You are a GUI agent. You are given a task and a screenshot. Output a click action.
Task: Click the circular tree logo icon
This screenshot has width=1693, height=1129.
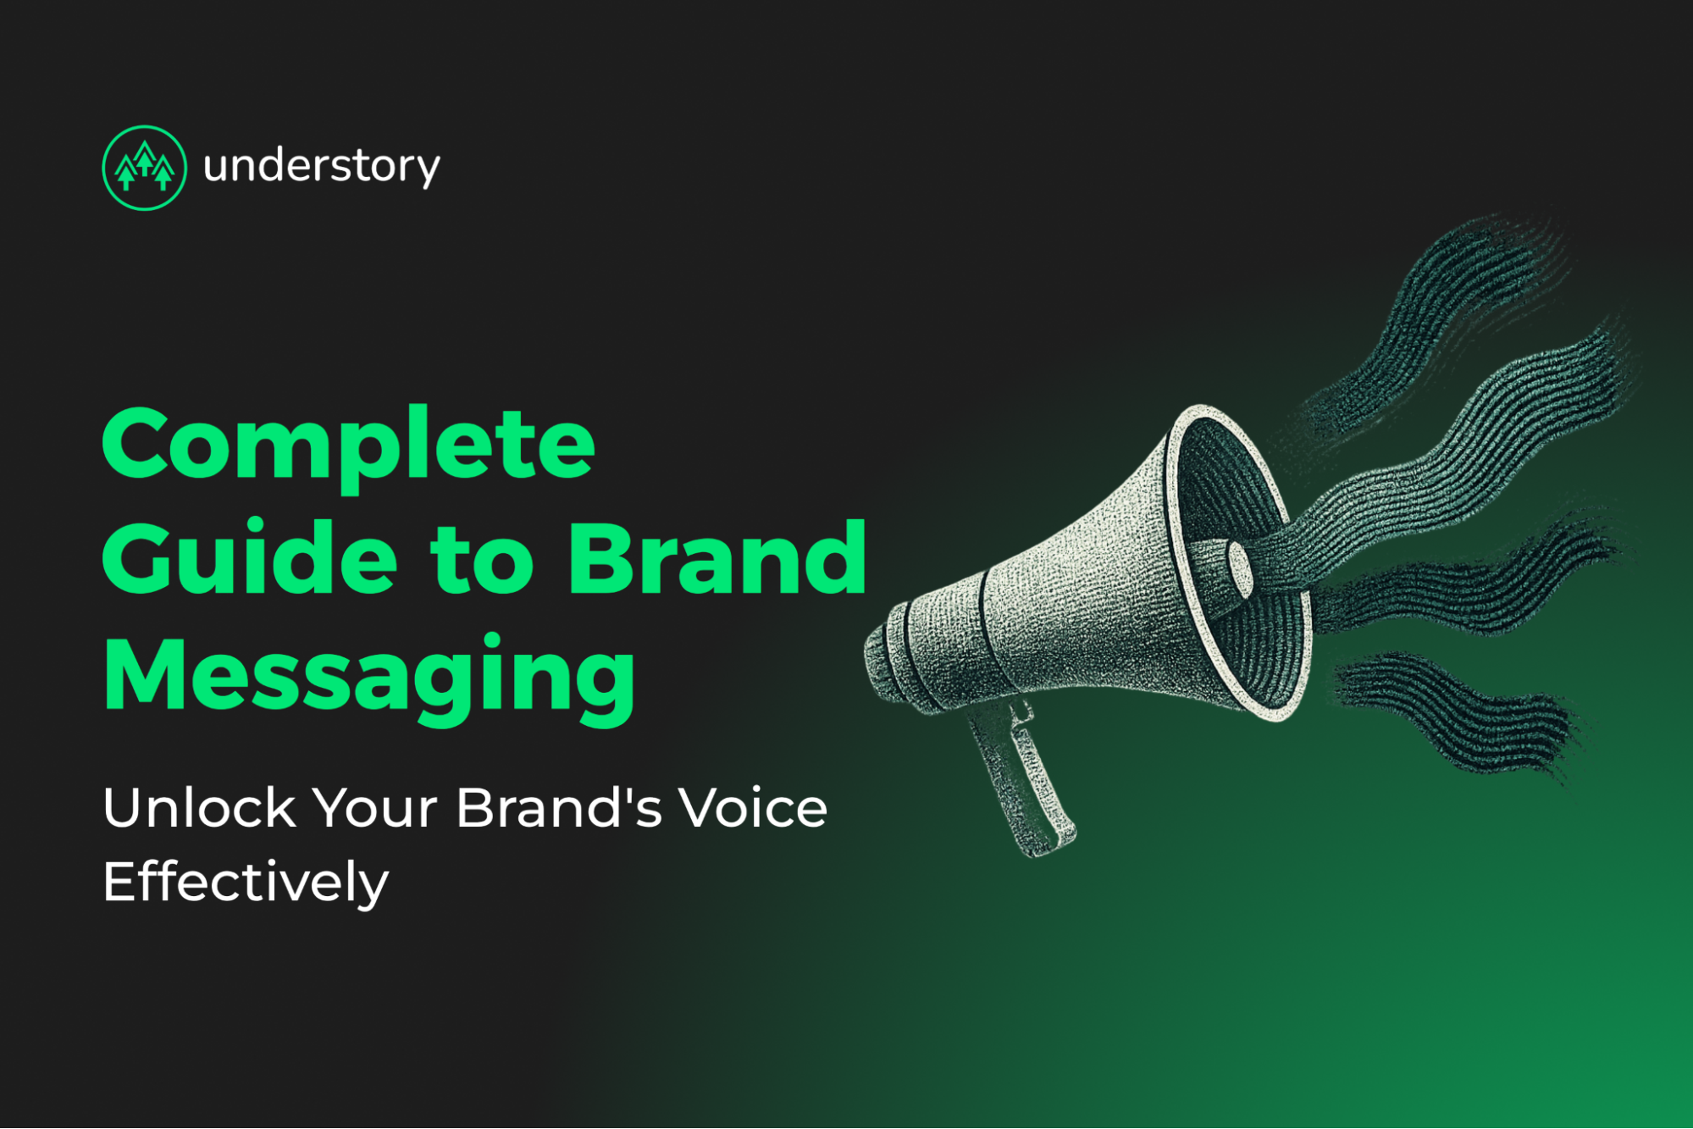(144, 168)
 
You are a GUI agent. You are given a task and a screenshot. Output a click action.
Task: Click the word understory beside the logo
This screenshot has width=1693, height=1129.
(321, 166)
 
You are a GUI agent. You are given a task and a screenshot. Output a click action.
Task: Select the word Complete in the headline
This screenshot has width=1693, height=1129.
(348, 445)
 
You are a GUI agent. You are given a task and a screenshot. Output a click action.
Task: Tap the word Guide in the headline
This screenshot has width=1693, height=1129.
(249, 559)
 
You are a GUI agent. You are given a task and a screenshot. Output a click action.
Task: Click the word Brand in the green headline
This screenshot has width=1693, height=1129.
(717, 559)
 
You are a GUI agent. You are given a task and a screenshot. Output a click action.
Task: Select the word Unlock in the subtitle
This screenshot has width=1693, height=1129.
(199, 808)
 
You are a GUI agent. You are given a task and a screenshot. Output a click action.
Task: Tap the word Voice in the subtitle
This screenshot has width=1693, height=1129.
(754, 808)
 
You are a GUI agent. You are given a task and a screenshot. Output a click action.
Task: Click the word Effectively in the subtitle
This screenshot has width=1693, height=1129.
(246, 883)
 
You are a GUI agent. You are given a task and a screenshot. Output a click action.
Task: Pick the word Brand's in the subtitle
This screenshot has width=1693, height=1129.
(559, 808)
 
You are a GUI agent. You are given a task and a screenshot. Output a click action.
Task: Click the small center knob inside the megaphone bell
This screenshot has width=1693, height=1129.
(1240, 569)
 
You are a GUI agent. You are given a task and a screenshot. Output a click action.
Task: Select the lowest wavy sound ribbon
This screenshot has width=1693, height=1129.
(1457, 711)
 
